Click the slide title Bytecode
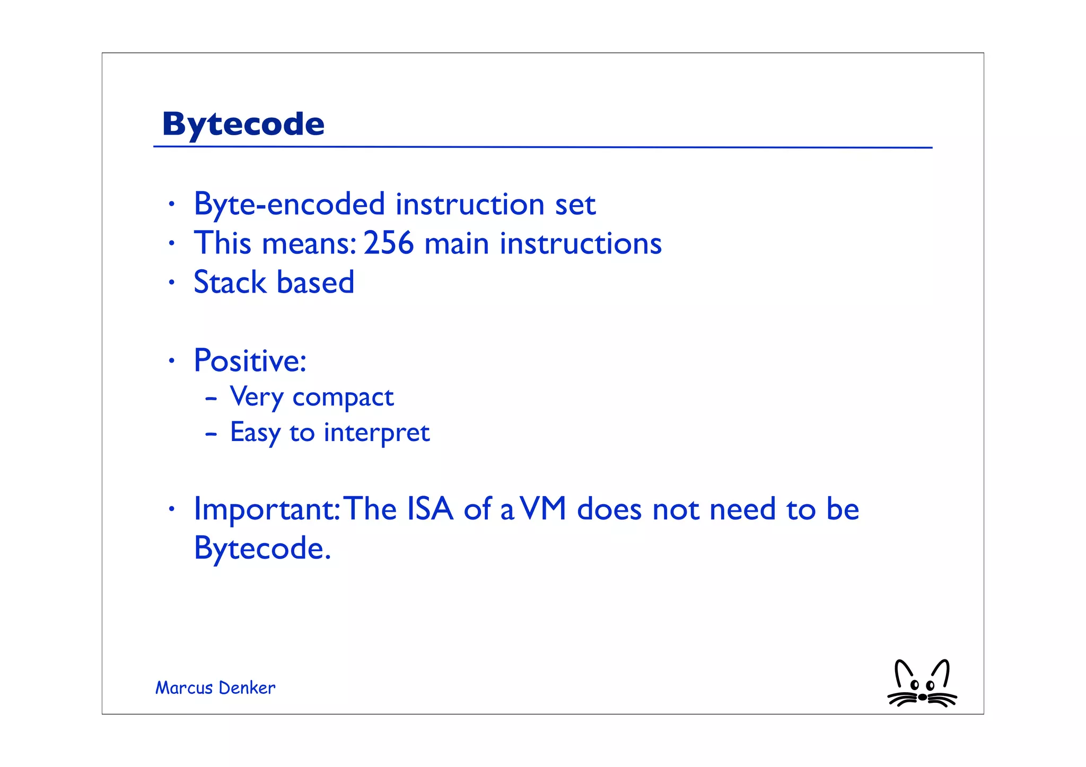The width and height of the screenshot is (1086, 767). (243, 125)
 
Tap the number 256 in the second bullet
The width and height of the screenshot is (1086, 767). (388, 243)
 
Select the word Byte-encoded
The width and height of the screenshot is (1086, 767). (289, 205)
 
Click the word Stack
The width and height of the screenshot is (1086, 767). (230, 282)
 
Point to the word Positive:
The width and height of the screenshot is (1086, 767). (250, 361)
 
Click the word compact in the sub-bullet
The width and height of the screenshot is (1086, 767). (343, 398)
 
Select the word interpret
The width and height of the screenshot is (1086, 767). (376, 433)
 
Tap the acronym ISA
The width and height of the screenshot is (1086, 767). (430, 509)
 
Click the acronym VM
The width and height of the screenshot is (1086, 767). (544, 509)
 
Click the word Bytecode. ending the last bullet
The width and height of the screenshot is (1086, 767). (262, 549)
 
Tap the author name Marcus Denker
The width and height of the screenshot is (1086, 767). (215, 687)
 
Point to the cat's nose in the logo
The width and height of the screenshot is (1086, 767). (923, 697)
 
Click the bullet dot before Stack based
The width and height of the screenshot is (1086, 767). (171, 283)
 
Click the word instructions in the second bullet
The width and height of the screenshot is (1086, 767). (581, 243)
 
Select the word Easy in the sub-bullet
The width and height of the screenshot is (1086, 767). (255, 433)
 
